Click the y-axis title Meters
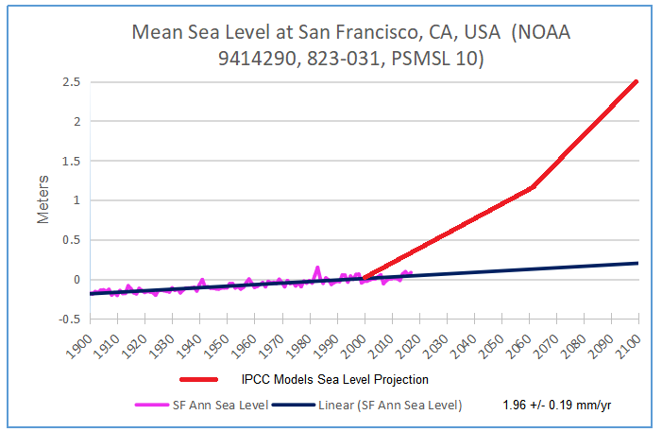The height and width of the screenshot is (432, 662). [43, 199]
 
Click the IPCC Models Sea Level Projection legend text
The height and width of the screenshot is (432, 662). [335, 380]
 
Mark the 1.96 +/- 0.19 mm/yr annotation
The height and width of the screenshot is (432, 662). [561, 406]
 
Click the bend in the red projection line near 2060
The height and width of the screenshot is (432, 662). [533, 186]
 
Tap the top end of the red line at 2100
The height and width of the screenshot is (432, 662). [637, 81]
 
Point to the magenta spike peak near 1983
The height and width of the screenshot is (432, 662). [317, 268]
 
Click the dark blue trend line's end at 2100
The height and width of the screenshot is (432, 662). [638, 263]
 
